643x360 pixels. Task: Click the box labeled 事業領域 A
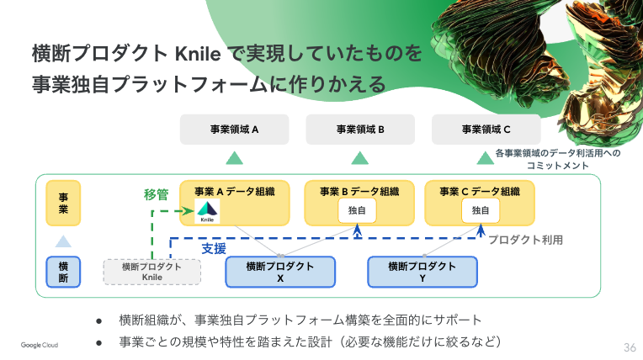point(234,130)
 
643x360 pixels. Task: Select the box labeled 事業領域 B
point(360,130)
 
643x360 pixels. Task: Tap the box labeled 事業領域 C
point(486,130)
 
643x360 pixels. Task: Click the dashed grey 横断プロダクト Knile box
point(152,271)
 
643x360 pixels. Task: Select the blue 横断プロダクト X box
point(280,271)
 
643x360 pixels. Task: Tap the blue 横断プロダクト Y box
point(422,271)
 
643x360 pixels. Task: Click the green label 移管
point(157,194)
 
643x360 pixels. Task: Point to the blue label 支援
point(214,249)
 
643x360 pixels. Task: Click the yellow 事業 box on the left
point(63,203)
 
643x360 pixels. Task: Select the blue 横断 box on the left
point(63,272)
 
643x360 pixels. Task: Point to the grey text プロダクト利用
point(525,240)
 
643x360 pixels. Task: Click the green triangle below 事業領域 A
point(234,157)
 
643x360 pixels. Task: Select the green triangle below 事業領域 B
point(360,157)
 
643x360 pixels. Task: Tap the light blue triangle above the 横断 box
point(63,241)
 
